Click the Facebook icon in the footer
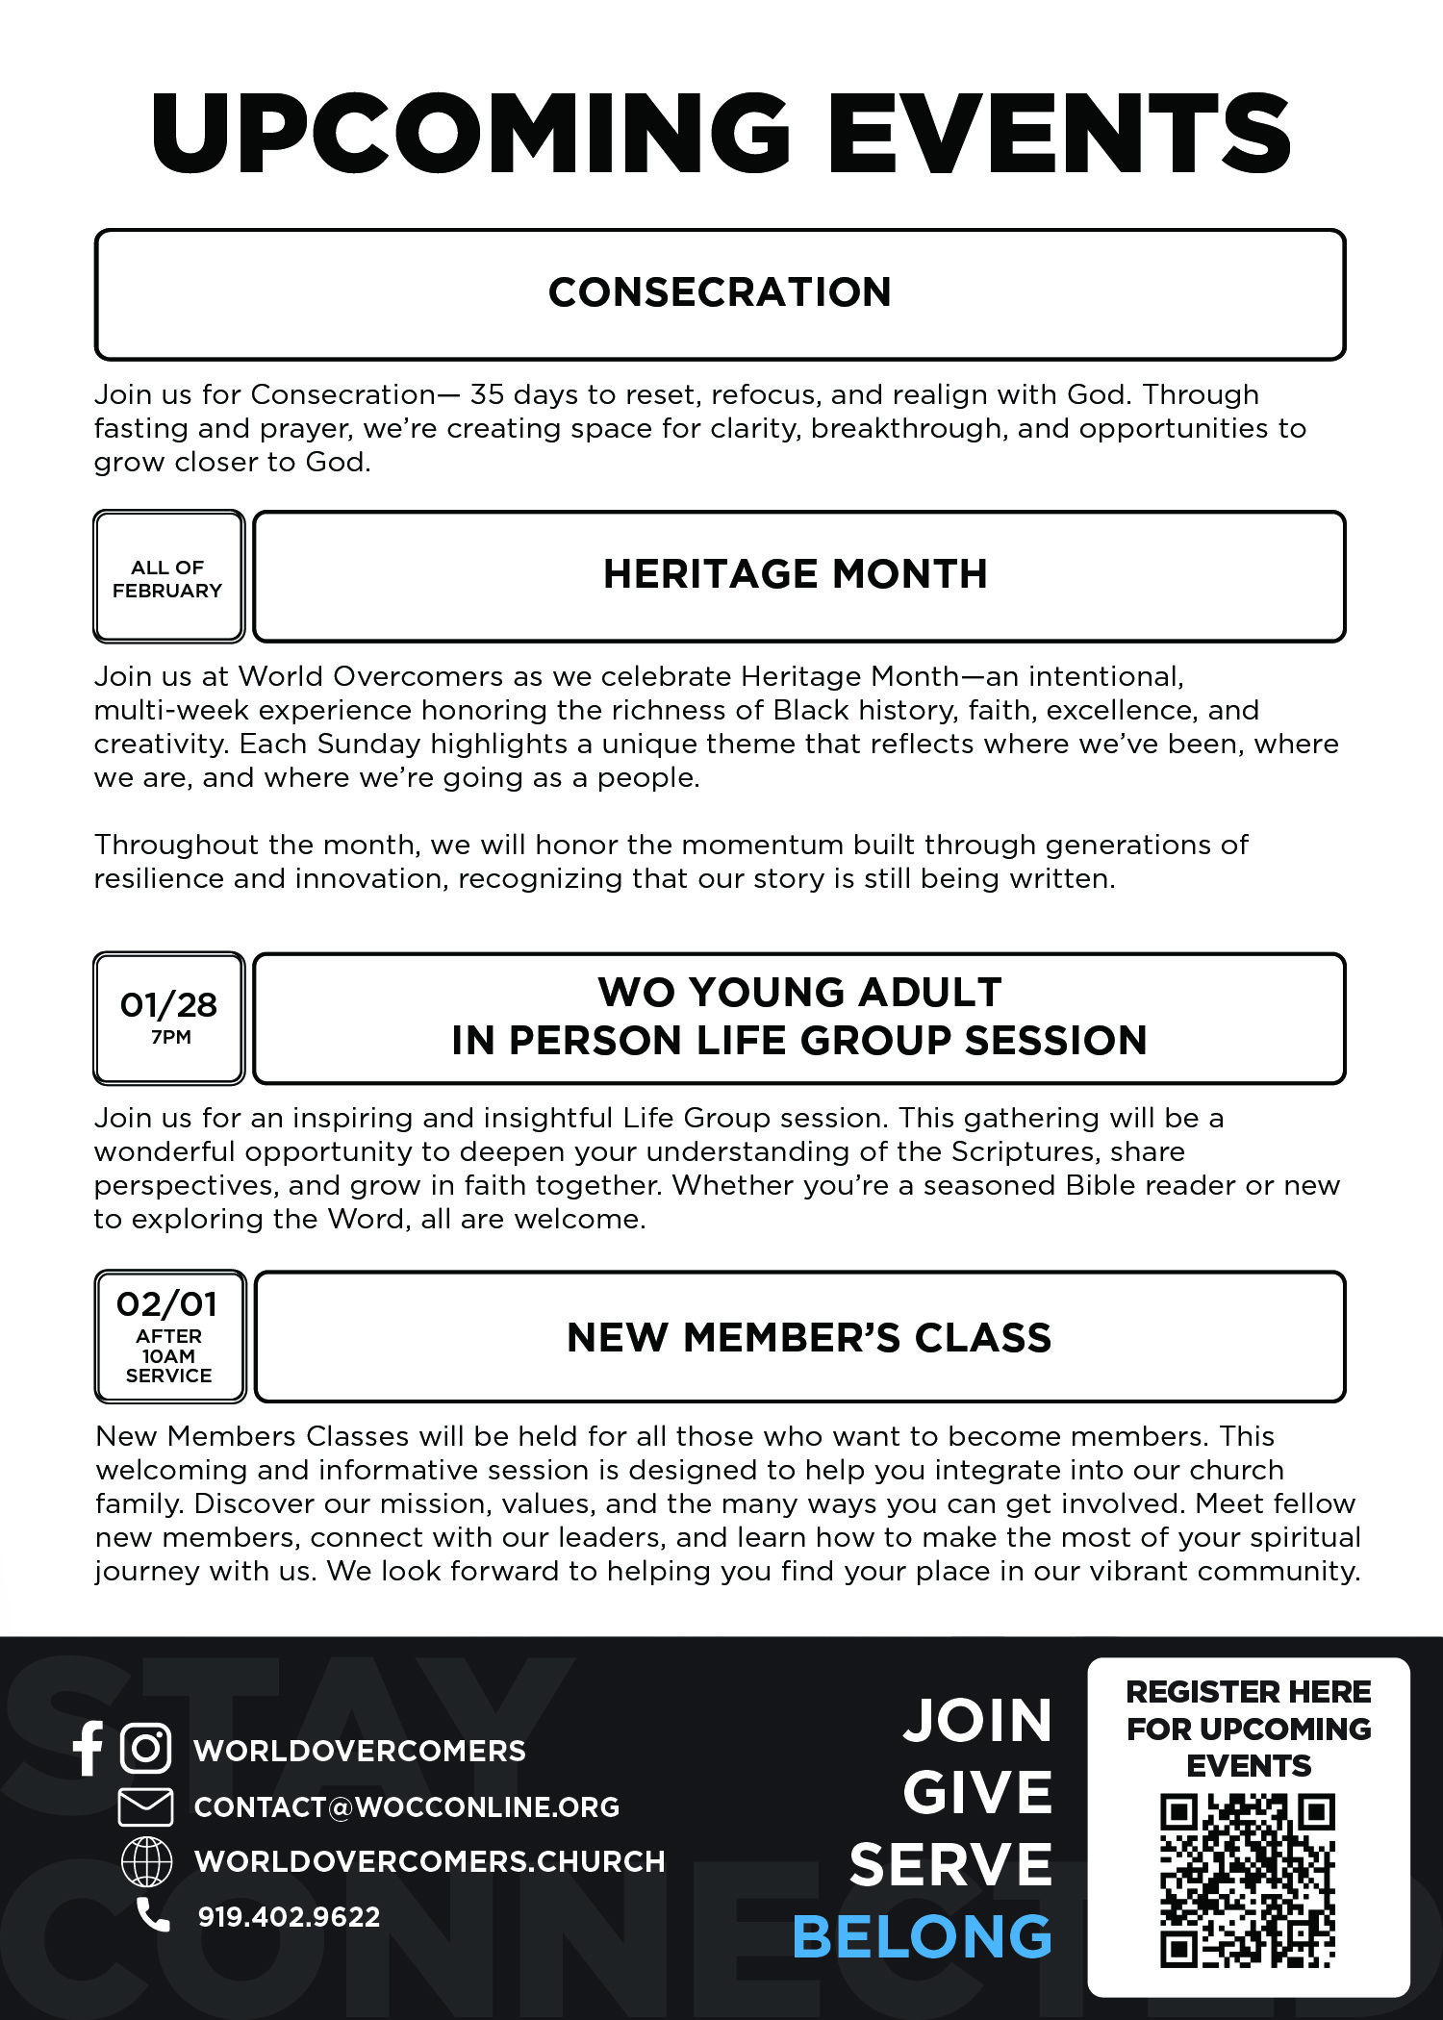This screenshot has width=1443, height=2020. [x=88, y=1748]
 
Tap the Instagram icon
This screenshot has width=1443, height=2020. [x=146, y=1748]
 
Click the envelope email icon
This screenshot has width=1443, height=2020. [x=145, y=1806]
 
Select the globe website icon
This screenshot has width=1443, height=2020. [x=146, y=1860]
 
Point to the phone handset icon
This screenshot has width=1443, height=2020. [x=152, y=1915]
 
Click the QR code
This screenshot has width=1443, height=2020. [x=1248, y=1881]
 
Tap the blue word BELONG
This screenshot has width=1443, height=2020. [x=922, y=1936]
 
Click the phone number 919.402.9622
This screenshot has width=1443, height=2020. [x=289, y=1916]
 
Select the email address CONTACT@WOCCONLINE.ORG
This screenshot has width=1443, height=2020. [x=406, y=1806]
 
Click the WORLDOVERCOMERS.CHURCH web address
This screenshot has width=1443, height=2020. [x=429, y=1861]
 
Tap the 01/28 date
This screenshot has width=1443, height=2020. [x=168, y=1005]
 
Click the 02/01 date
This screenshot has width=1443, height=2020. [x=167, y=1304]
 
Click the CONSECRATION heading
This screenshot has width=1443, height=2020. [x=720, y=292]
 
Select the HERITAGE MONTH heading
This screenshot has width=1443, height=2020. [x=796, y=574]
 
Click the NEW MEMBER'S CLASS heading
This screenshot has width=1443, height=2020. [x=809, y=1338]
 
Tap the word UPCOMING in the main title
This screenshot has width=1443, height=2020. [x=470, y=135]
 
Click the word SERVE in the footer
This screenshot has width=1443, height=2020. [x=950, y=1864]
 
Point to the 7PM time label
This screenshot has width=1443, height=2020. [x=171, y=1037]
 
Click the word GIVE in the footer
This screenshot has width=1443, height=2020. [x=977, y=1792]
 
